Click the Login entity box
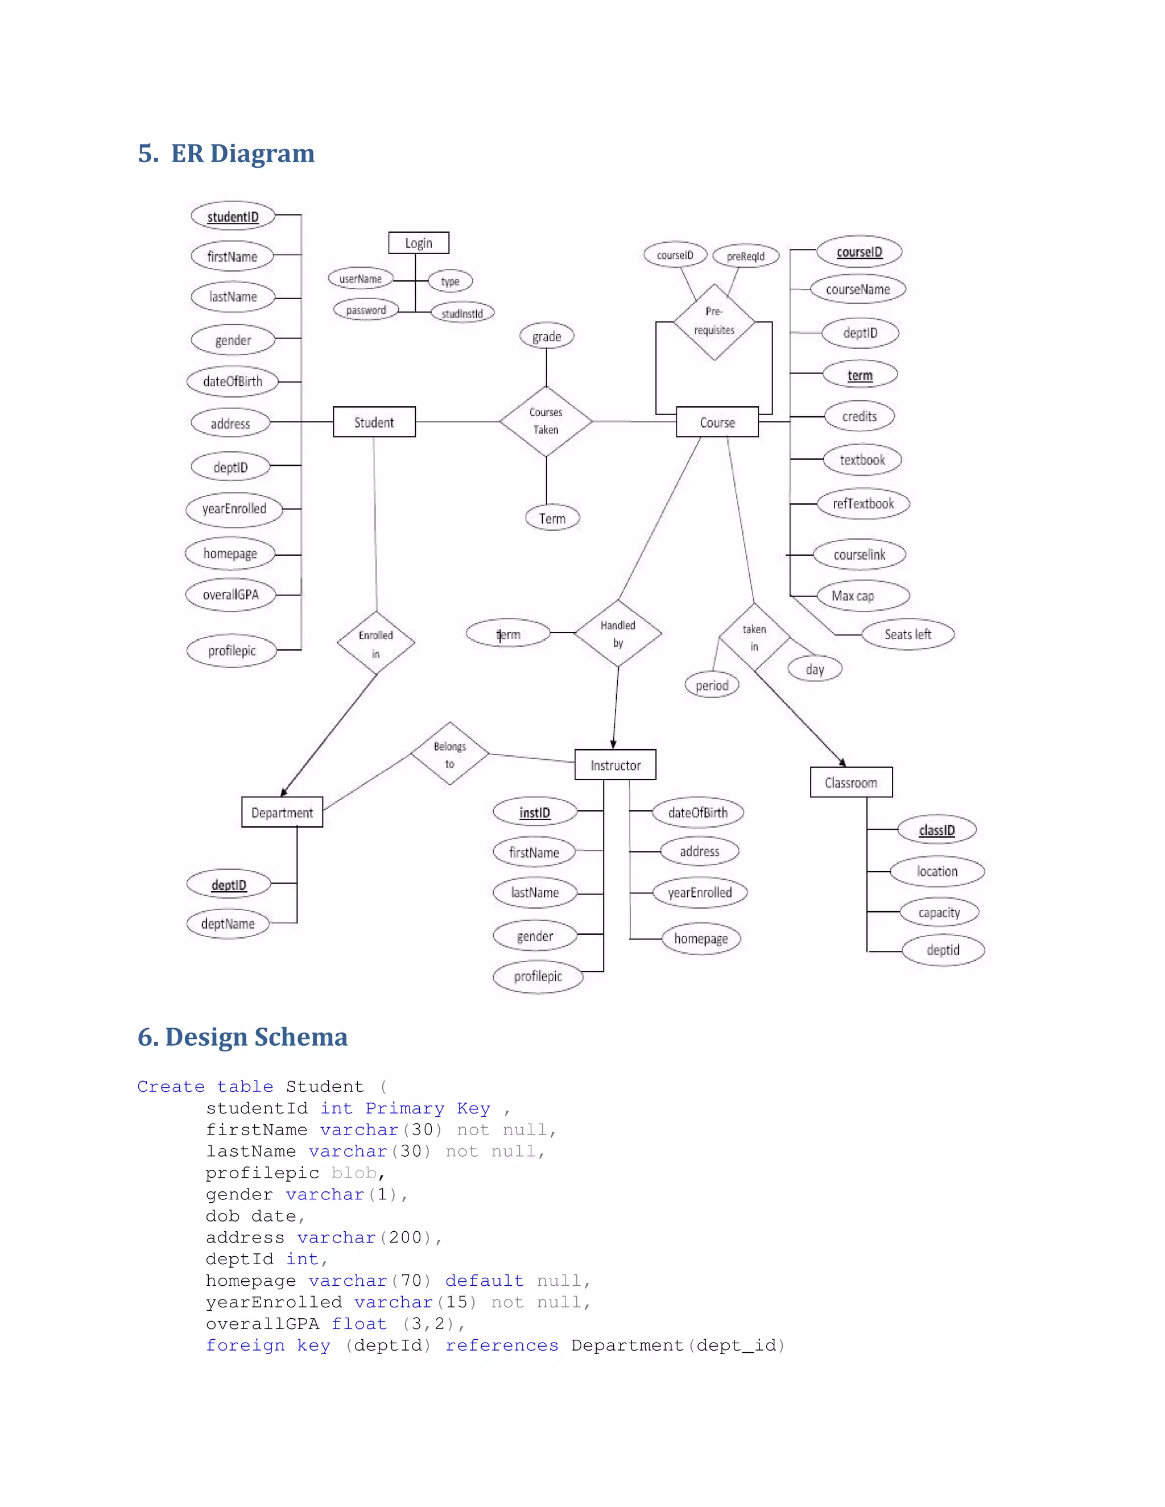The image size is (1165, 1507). [x=418, y=243]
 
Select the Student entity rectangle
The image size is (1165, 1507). [x=374, y=421]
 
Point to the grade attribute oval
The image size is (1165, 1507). [x=547, y=336]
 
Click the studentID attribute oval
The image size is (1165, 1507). [x=233, y=216]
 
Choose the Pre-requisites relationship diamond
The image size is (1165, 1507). [x=714, y=321]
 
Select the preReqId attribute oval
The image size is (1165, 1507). [x=745, y=256]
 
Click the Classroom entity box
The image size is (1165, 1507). [x=851, y=783]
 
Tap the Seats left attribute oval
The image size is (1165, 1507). [x=907, y=634]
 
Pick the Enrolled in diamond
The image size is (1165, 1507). [x=375, y=643]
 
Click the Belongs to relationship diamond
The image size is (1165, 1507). [x=449, y=754]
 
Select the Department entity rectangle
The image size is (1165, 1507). [x=282, y=812]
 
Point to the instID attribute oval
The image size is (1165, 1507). [x=535, y=812]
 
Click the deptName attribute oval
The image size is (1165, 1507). [x=228, y=923]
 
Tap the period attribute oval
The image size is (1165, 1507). [x=712, y=685]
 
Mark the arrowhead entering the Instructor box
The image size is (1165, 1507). [x=613, y=744]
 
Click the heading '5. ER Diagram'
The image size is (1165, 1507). [x=226, y=153]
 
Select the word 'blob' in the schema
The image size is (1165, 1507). [x=353, y=1173]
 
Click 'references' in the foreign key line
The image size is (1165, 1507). [x=502, y=1345]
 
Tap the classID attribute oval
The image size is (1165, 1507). [x=936, y=829]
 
